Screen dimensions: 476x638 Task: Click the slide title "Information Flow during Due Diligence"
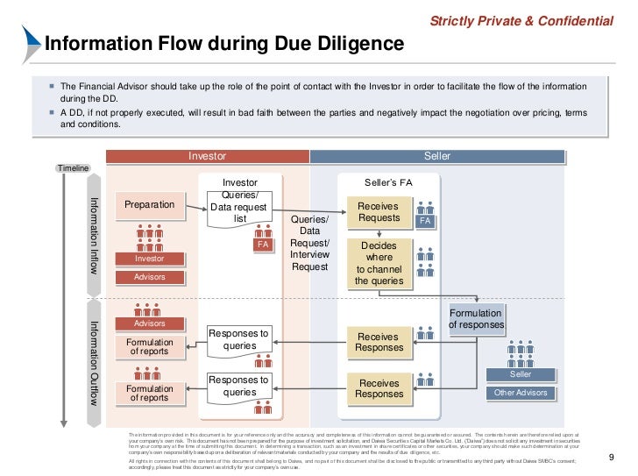point(224,44)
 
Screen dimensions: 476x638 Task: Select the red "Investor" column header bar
point(208,156)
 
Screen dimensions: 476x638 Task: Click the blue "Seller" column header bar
point(436,156)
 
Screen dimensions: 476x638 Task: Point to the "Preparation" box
point(149,204)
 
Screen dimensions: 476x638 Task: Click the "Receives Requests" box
point(379,211)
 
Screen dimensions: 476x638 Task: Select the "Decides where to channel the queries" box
point(379,264)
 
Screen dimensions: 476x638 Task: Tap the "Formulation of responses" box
point(477,319)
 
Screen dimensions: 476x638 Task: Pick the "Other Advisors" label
point(521,393)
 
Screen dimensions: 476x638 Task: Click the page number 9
point(612,457)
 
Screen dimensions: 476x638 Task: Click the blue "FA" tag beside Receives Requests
point(425,222)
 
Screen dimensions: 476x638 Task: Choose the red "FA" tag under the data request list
point(261,245)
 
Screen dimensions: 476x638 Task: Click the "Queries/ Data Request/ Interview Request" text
point(309,243)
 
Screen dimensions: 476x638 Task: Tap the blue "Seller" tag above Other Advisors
point(521,374)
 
